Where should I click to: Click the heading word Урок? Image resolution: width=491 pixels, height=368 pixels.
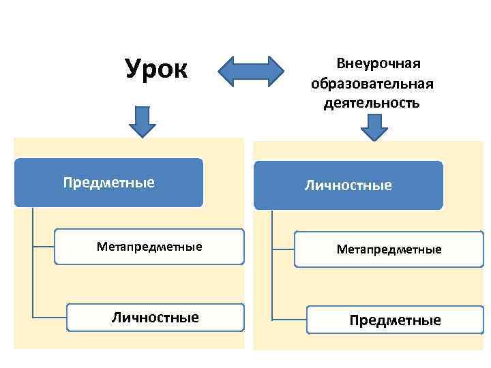[156, 69]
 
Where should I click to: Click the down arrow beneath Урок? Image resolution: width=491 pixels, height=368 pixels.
[143, 121]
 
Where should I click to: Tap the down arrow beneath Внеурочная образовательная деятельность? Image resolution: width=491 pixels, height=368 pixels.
[374, 127]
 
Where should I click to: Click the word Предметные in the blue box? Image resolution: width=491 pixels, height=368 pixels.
[109, 183]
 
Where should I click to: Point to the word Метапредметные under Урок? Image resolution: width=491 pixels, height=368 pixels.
[149, 246]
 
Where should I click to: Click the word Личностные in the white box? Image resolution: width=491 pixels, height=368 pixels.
[155, 318]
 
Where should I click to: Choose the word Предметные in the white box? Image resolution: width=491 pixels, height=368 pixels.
[395, 320]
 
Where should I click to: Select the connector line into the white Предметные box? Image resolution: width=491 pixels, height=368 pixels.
[289, 320]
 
